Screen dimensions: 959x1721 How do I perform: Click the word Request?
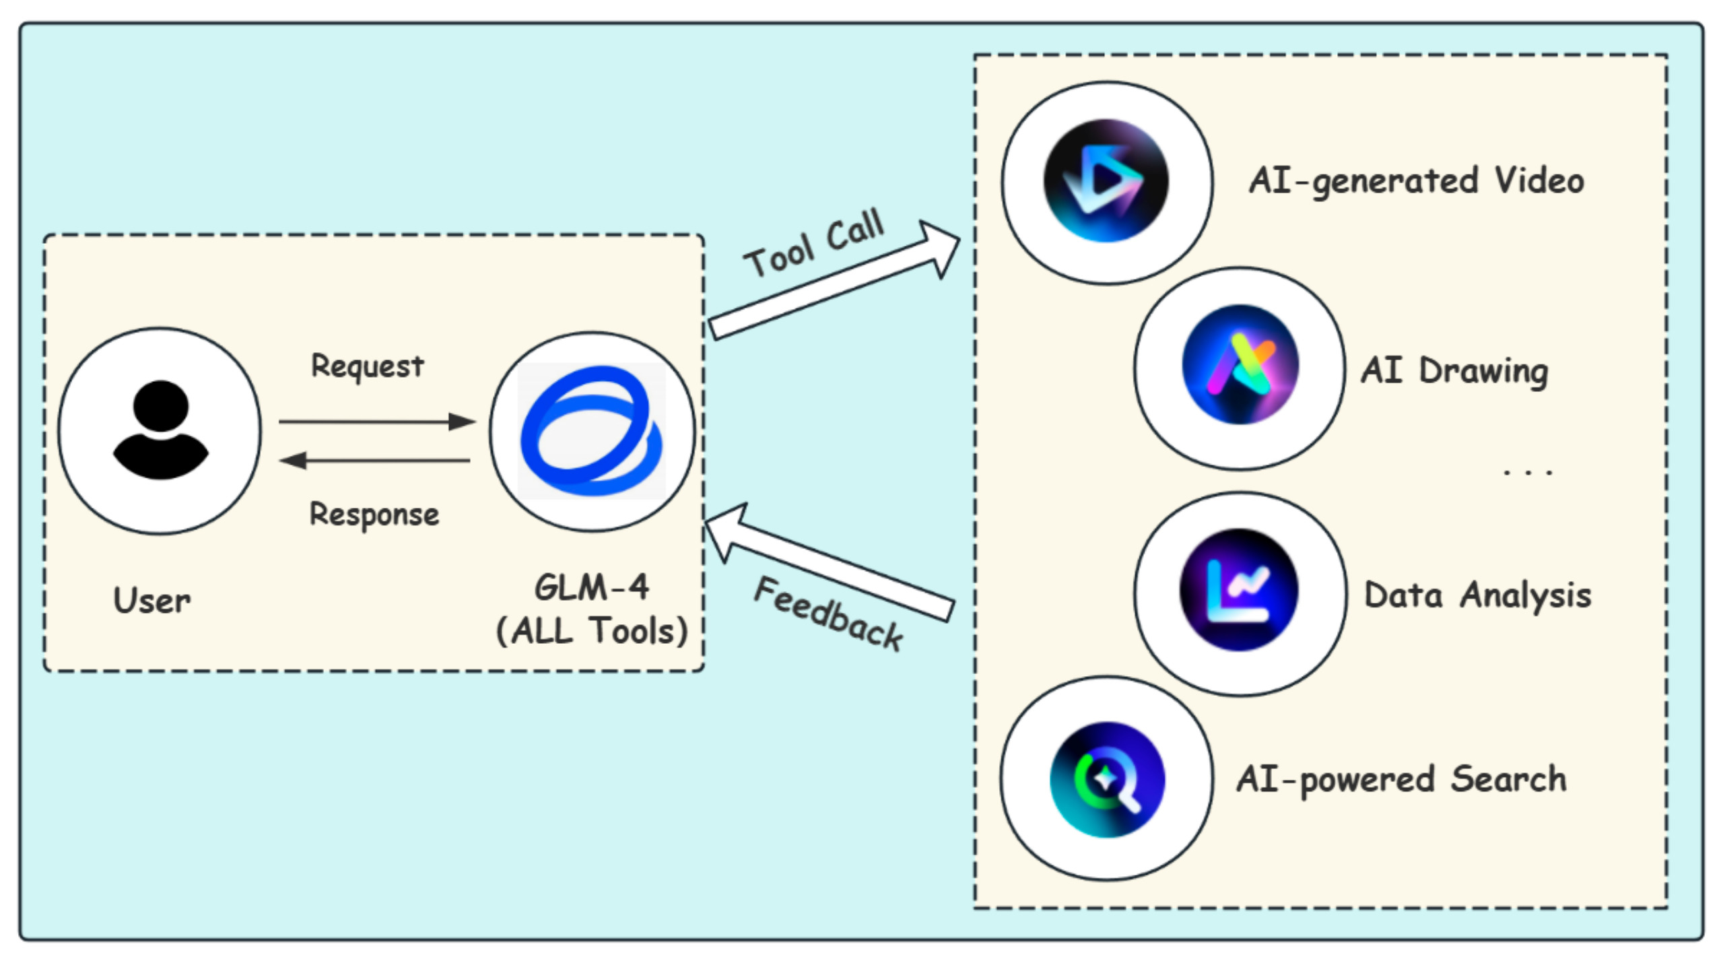pyautogui.click(x=367, y=366)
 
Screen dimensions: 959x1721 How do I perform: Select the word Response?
pyautogui.click(x=374, y=515)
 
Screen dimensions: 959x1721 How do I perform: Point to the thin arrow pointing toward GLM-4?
pyautogui.click(x=377, y=422)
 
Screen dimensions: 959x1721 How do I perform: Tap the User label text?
pyautogui.click(x=152, y=600)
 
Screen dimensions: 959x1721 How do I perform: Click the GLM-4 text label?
pyautogui.click(x=591, y=587)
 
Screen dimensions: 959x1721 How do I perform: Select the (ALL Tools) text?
pyautogui.click(x=591, y=631)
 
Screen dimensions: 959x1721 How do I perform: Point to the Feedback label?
pyautogui.click(x=828, y=614)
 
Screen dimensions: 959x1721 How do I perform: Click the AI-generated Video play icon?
pyautogui.click(x=1106, y=180)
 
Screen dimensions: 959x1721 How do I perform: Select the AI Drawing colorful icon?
pyautogui.click(x=1240, y=365)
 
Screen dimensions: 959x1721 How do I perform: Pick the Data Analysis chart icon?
pyautogui.click(x=1238, y=590)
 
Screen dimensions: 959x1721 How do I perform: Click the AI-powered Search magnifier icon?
pyautogui.click(x=1107, y=779)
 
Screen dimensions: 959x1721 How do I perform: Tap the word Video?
pyautogui.click(x=1539, y=180)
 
